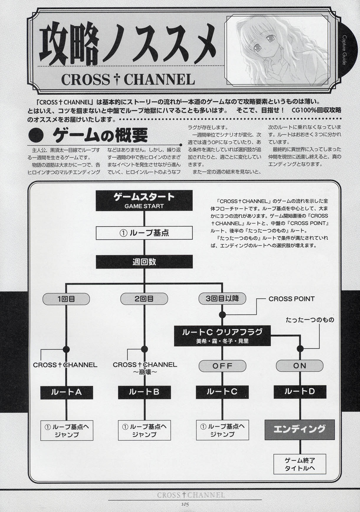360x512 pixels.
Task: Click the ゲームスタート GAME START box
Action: [144, 200]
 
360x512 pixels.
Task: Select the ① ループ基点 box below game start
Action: [144, 233]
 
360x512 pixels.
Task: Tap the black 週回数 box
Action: [144, 261]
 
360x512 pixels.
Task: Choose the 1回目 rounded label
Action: [66, 299]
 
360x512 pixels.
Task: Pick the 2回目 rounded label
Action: [144, 299]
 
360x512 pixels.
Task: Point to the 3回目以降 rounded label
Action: [222, 298]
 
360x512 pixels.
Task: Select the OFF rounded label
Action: [222, 366]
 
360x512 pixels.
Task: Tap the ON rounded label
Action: [300, 366]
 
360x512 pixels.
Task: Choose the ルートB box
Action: [144, 392]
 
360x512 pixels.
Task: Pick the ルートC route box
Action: [222, 392]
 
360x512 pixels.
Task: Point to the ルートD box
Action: [300, 392]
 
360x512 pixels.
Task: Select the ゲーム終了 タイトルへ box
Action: [300, 464]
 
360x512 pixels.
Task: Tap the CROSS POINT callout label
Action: [291, 299]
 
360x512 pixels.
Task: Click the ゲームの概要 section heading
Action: [100, 136]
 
